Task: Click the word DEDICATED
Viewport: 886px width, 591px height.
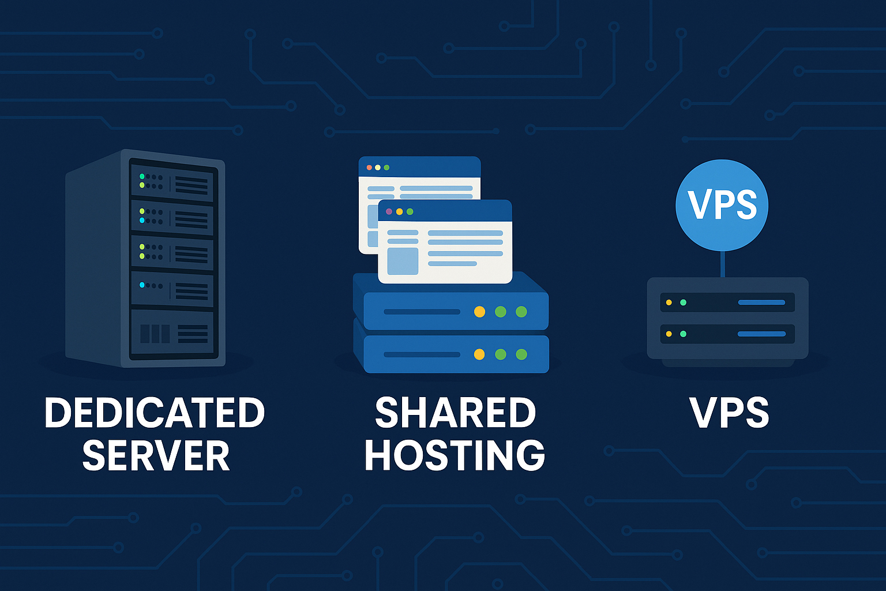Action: coord(155,413)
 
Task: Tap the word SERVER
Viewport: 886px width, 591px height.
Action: coord(156,456)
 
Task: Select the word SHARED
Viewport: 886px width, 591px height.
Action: coord(455,413)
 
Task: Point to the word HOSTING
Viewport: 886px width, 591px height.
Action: coord(455,456)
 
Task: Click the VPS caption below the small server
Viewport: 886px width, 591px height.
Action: coord(729,413)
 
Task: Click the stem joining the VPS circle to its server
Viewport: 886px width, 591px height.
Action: coord(722,264)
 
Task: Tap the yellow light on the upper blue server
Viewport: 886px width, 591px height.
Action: coord(479,312)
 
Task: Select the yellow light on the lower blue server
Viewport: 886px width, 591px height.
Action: coord(479,354)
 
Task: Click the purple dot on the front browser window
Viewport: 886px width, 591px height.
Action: coord(389,212)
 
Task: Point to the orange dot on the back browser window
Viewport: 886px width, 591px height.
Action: coord(369,167)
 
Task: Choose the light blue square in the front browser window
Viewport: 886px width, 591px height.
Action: coord(403,261)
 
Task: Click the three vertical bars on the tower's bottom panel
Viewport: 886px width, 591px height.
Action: coord(155,334)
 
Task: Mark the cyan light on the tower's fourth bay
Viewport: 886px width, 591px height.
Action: coord(142,285)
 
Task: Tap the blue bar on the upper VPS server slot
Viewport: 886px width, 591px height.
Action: coord(761,302)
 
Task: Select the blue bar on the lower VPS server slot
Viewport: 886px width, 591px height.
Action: coord(761,334)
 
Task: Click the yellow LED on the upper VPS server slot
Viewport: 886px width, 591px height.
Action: coord(669,302)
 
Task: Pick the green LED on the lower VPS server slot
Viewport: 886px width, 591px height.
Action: coord(684,334)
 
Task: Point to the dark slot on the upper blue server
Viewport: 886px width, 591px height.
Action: coord(422,312)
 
